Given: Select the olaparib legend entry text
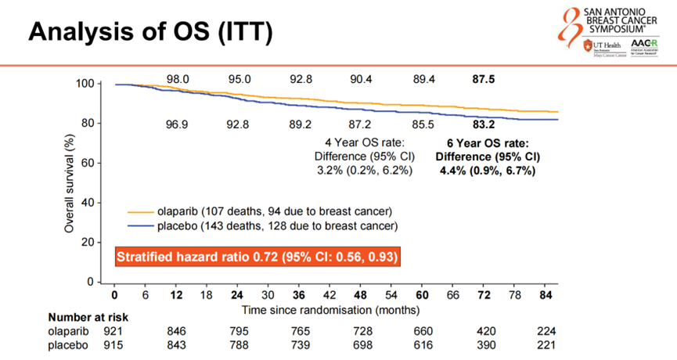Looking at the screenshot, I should click(x=274, y=211).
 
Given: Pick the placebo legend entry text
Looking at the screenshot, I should click(x=277, y=226).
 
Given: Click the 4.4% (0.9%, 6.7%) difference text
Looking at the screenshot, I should click(x=488, y=171).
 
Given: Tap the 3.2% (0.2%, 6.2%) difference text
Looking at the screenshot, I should click(x=365, y=171).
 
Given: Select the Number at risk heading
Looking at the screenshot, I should click(x=88, y=318).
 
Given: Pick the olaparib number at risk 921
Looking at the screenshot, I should click(x=115, y=332).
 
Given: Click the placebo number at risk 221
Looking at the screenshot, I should click(x=546, y=345).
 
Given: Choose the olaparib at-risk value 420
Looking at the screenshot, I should click(x=484, y=332).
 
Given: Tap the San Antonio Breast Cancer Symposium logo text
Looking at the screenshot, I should click(x=626, y=17).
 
